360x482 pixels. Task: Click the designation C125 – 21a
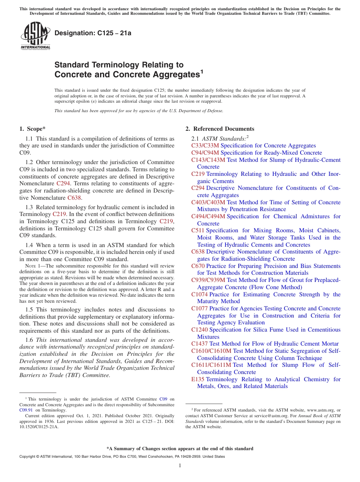(93, 33)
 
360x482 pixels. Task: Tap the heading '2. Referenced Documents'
(220, 129)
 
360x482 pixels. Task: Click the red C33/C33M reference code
(205, 146)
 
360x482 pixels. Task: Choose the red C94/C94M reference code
(205, 153)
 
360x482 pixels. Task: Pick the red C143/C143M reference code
(208, 160)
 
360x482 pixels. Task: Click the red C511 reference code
(198, 230)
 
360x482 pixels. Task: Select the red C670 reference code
(198, 266)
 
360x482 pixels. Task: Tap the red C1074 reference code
(199, 294)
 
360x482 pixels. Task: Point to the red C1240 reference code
(199, 330)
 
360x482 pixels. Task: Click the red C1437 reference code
(199, 344)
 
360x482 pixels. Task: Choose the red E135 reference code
(198, 379)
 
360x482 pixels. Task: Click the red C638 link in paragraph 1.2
(74, 198)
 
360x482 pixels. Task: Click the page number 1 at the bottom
(180, 466)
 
